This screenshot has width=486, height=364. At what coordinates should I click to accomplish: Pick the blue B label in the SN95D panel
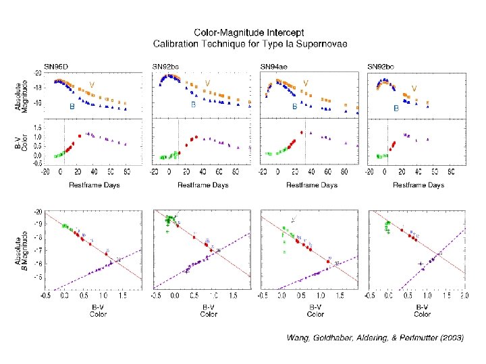[x=71, y=107]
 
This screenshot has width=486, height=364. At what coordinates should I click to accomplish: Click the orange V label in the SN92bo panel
[x=414, y=88]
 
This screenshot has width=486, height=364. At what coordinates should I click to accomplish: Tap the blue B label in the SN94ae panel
[x=294, y=107]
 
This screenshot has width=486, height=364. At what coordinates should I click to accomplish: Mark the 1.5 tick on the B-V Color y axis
[x=38, y=127]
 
